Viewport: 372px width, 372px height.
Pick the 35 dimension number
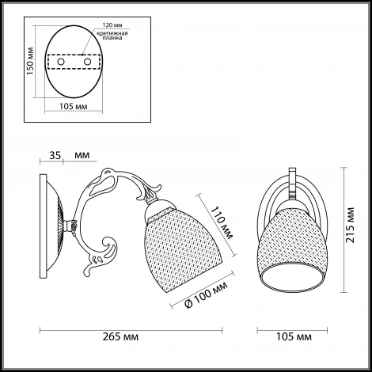[x=54, y=157]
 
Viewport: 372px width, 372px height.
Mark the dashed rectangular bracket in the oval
[x=74, y=61]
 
